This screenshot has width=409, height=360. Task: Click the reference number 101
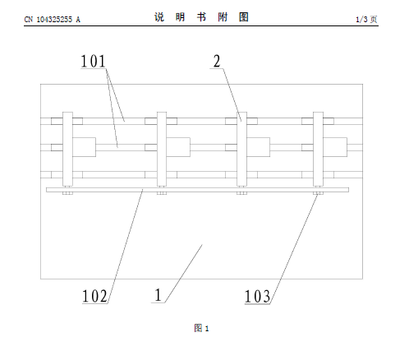click(93, 61)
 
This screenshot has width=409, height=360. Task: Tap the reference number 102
click(94, 296)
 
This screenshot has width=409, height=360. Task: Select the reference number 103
click(257, 297)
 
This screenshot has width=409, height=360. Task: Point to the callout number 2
click(217, 61)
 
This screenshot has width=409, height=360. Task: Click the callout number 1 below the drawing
click(159, 295)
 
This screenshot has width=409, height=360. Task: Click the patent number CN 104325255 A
click(52, 20)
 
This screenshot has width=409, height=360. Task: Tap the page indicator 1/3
click(361, 19)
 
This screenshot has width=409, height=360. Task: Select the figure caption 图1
click(201, 328)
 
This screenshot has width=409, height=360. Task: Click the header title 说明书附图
click(201, 17)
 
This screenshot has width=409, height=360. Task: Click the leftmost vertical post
click(67, 149)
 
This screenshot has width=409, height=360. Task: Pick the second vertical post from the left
click(162, 149)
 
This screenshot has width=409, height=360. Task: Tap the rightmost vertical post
click(318, 149)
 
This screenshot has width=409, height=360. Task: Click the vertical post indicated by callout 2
click(241, 149)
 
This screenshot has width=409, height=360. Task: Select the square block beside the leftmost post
click(84, 147)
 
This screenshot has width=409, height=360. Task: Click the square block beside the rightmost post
click(335, 147)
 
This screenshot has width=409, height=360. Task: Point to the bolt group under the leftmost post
click(67, 193)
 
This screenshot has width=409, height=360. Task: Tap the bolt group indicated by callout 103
click(318, 193)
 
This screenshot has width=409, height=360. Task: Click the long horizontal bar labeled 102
click(197, 190)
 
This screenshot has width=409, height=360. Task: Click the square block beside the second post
click(178, 147)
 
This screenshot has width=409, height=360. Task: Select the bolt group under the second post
click(162, 193)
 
